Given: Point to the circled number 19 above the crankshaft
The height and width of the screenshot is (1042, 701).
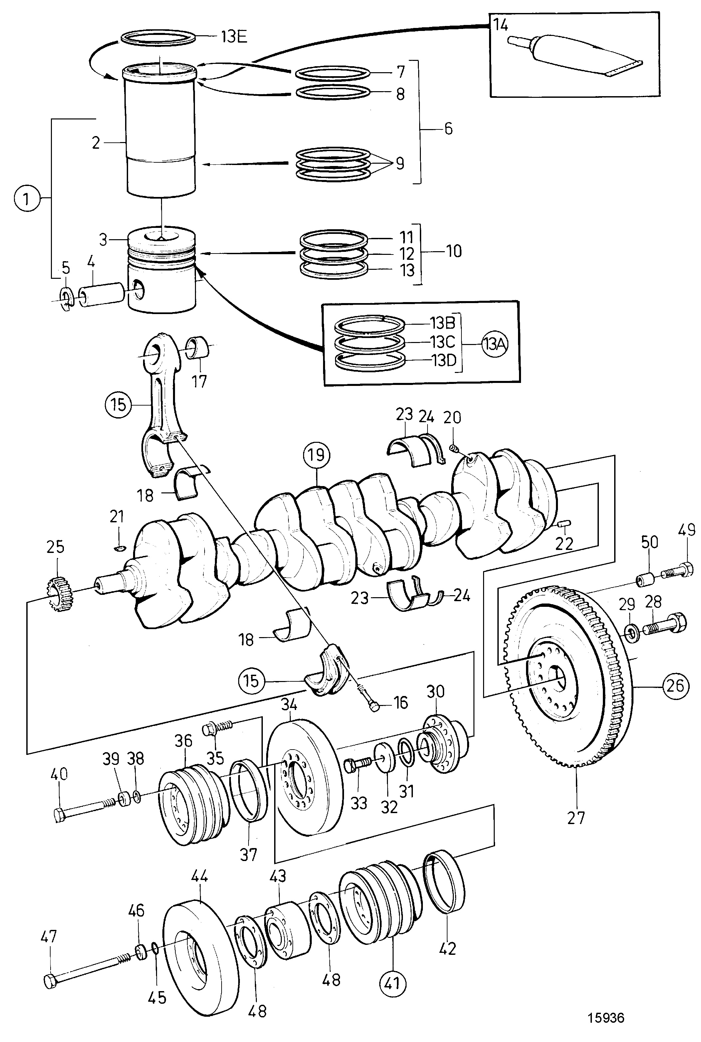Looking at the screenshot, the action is [316, 455].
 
